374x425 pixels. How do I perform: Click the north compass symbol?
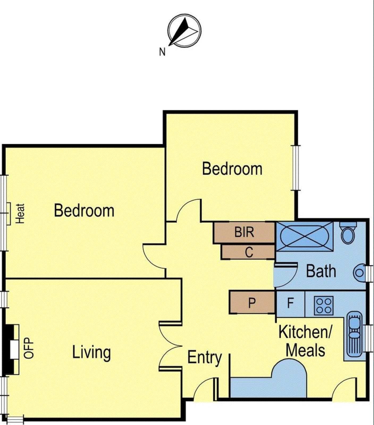pyautogui.click(x=184, y=31)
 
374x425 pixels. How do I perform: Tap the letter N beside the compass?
pyautogui.click(x=162, y=52)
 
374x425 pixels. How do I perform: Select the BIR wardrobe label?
pyautogui.click(x=244, y=232)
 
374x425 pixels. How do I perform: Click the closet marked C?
pyautogui.click(x=249, y=252)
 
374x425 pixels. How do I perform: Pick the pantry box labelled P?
pyautogui.click(x=252, y=303)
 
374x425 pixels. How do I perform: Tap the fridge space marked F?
pyautogui.click(x=291, y=303)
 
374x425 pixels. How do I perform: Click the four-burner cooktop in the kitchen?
pyautogui.click(x=324, y=305)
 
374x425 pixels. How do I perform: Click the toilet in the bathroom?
pyautogui.click(x=348, y=234)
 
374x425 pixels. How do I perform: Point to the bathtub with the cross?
pyautogui.click(x=304, y=236)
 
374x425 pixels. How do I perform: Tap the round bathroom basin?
pyautogui.click(x=359, y=273)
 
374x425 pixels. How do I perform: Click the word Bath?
pyautogui.click(x=321, y=271)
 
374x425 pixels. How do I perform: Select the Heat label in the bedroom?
pyautogui.click(x=20, y=213)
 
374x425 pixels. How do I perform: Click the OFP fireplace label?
pyautogui.click(x=29, y=348)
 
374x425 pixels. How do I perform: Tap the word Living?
pyautogui.click(x=91, y=352)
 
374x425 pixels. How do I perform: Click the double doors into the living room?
pyautogui.click(x=170, y=346)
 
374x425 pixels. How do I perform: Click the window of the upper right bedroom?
pyautogui.click(x=296, y=168)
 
